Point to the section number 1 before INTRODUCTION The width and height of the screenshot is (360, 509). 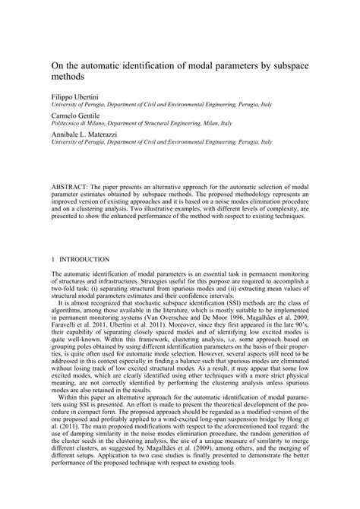(52, 259)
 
